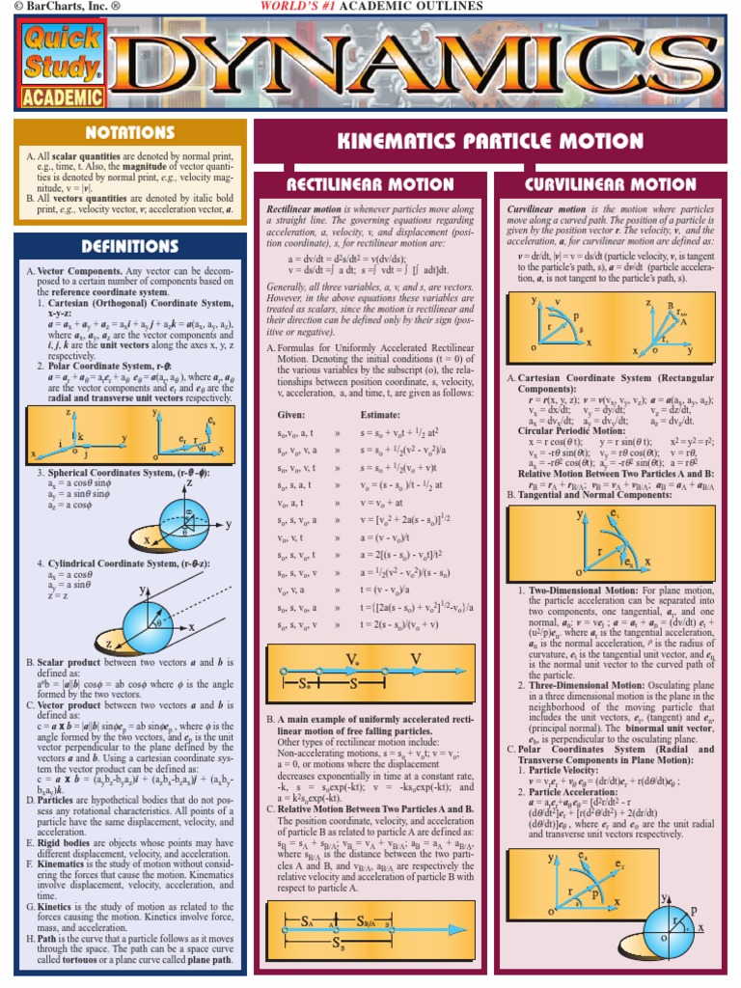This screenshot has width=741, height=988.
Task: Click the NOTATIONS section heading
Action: pos(128,132)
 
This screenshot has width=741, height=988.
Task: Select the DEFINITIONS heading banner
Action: pos(128,246)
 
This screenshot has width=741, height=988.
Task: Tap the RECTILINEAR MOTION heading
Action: pos(372,183)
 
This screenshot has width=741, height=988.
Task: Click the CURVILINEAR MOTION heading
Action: pos(611,183)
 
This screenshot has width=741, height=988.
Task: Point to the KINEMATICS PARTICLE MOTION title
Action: pos(490,141)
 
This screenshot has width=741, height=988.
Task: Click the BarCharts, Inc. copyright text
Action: pos(61,8)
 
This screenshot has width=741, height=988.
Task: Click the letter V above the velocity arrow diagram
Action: pos(415,659)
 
